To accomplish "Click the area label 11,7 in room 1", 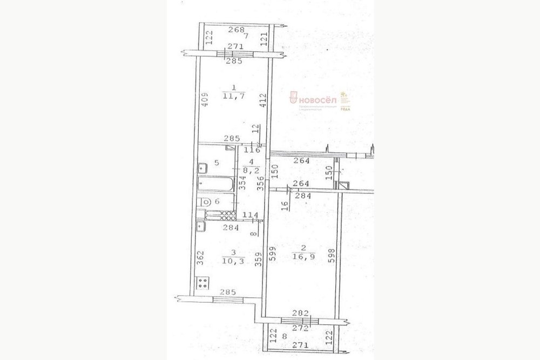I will click(232, 97).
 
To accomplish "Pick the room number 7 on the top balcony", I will click(246, 37).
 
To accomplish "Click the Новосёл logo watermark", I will click(316, 100).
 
